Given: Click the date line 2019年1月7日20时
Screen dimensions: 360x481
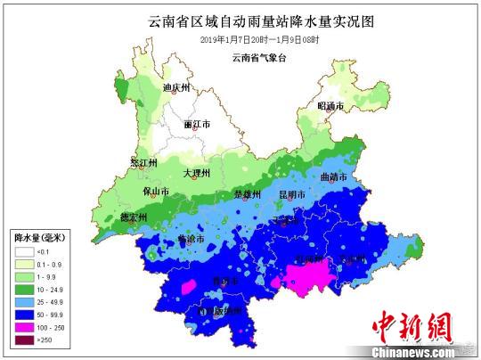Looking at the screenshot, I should tap(240, 40).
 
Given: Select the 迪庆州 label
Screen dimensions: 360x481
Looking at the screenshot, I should tap(177, 88).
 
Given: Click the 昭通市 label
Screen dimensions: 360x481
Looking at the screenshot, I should tap(331, 106).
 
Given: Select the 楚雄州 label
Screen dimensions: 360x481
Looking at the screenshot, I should tap(247, 194).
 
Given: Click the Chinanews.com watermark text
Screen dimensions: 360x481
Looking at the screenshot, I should tap(420, 350).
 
